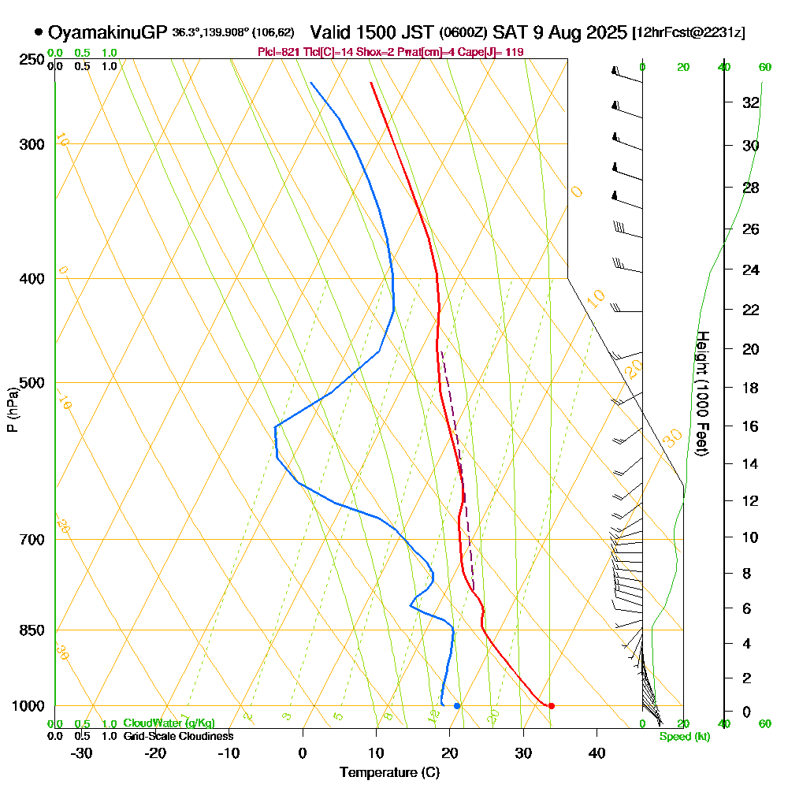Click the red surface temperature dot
point(551,705)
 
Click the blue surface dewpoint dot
point(457,705)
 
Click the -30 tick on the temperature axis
point(82,753)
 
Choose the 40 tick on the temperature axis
point(597,753)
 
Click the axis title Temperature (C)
point(389,773)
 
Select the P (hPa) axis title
point(13,410)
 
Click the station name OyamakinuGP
point(107,32)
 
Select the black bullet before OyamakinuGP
point(39,32)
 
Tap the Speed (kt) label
point(683,737)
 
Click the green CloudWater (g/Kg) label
point(168,723)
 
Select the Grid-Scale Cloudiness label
point(177,736)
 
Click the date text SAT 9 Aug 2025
point(560,32)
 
